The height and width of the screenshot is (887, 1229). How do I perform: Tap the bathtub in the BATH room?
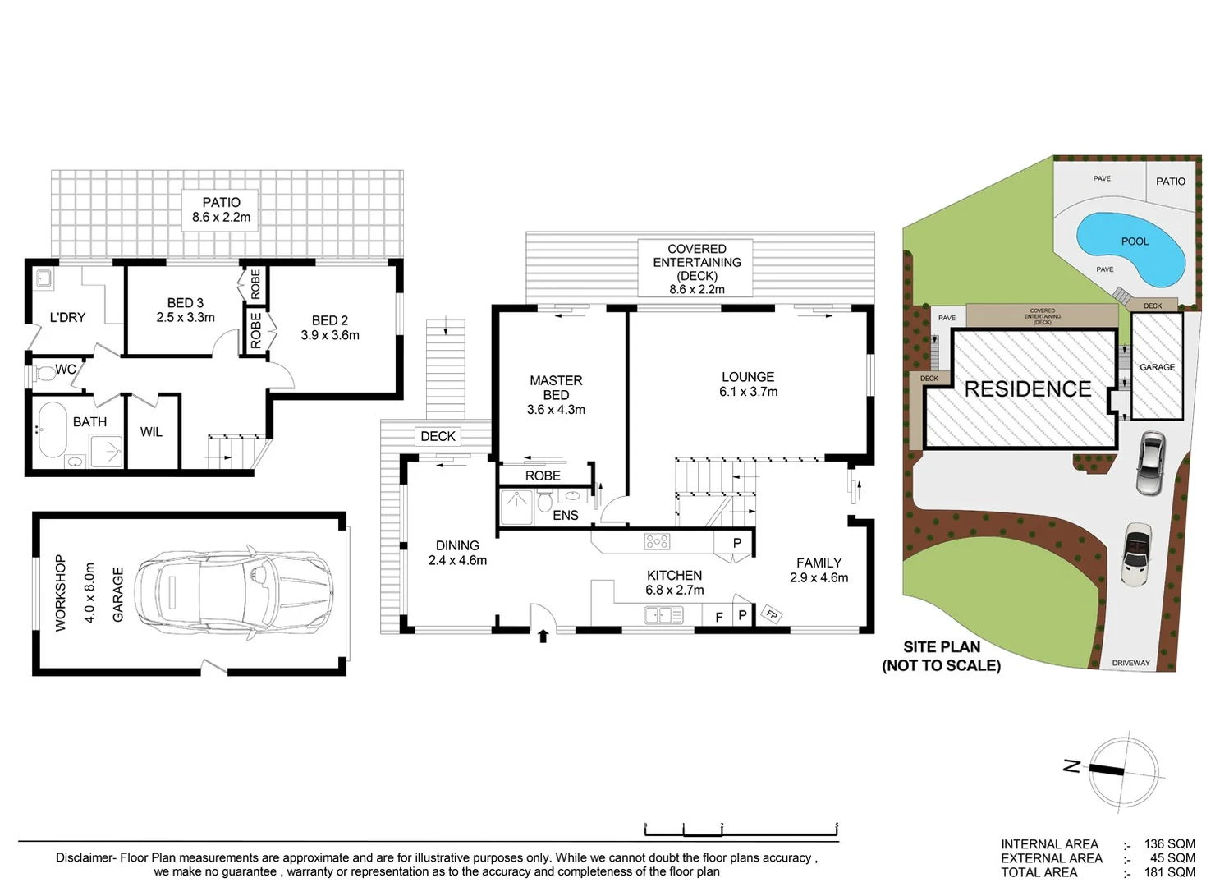pyautogui.click(x=52, y=430)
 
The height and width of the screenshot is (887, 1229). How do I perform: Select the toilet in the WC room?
pyautogui.click(x=45, y=374)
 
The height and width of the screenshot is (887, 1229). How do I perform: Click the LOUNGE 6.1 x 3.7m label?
pyautogui.click(x=748, y=384)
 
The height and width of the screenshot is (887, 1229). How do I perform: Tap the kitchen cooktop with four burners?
pyautogui.click(x=657, y=541)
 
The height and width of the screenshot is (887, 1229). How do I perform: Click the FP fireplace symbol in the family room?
pyautogui.click(x=772, y=614)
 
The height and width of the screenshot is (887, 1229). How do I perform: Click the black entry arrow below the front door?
pyautogui.click(x=543, y=636)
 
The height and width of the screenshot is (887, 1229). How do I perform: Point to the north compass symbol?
pyautogui.click(x=1123, y=771)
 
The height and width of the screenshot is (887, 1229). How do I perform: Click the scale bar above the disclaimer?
pyautogui.click(x=741, y=830)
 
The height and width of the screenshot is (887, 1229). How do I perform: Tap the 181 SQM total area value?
pyautogui.click(x=1170, y=872)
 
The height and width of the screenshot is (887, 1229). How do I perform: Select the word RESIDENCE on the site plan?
pyautogui.click(x=1028, y=389)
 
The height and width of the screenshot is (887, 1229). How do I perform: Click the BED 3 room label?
pyautogui.click(x=186, y=310)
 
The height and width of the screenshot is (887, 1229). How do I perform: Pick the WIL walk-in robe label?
pyautogui.click(x=151, y=432)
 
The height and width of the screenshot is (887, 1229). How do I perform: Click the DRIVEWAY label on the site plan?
pyautogui.click(x=1130, y=663)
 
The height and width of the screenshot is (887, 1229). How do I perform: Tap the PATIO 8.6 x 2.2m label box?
pyautogui.click(x=221, y=209)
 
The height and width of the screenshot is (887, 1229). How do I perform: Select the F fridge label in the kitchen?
pyautogui.click(x=719, y=617)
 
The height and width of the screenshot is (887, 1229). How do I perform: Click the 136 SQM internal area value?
pyautogui.click(x=1170, y=844)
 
